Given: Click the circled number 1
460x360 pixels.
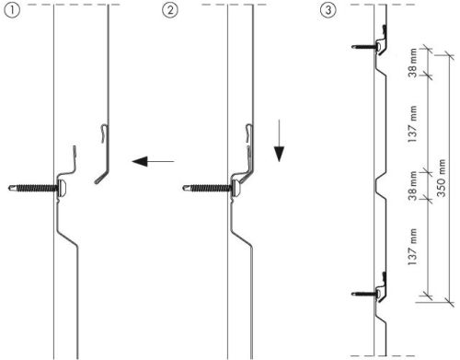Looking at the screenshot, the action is pos(12,10).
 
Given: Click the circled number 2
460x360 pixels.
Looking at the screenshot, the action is pos(170,10).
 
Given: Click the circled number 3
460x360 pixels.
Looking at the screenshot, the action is pos(328,10).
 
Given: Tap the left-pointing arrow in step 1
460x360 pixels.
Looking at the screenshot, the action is pos(153,161).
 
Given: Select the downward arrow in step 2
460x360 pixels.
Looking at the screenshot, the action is pos(279,141).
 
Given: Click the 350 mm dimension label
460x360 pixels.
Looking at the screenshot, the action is pos(441,178).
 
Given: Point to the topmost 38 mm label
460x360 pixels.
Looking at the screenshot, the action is pos(412,63).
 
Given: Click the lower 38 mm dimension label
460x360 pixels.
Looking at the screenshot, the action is pos(412,186).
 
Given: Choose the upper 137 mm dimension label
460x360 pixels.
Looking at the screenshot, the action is pos(412,123).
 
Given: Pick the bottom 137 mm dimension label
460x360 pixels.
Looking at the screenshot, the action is pos(412,247).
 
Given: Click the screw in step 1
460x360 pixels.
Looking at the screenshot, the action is pos(38,187).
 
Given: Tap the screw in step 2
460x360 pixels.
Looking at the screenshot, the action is pos(212,187).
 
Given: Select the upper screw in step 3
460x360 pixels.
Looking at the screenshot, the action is pos(367,47).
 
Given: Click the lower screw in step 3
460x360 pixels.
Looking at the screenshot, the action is pos(367,294).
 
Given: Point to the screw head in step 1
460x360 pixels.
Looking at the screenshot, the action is pos(62,187).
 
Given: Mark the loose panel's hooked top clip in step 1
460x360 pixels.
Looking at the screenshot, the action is pos(105,134).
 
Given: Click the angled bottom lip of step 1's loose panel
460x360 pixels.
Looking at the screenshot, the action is pos(101,178).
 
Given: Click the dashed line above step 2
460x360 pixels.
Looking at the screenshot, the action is pos(235,5).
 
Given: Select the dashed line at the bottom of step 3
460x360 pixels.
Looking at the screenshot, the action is pos(383,356).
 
